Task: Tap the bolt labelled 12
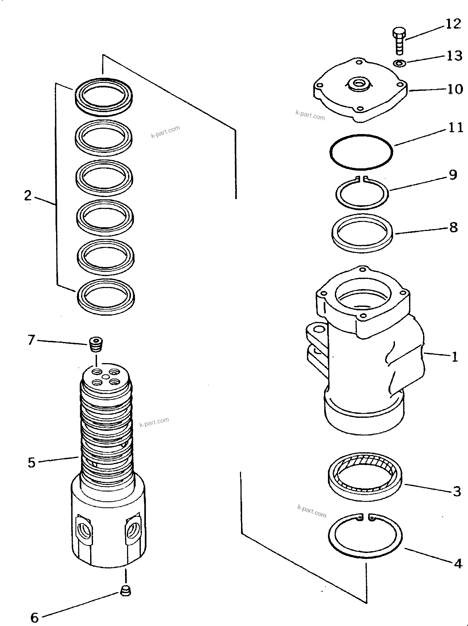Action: click(x=399, y=41)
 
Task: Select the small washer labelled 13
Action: click(x=399, y=63)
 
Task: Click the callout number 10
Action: click(x=455, y=89)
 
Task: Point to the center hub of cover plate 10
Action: click(x=359, y=84)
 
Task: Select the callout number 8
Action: click(x=454, y=227)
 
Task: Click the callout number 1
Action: click(x=455, y=357)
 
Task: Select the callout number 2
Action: click(x=27, y=196)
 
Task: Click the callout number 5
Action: click(x=31, y=463)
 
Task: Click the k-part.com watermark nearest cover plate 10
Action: click(x=310, y=115)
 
